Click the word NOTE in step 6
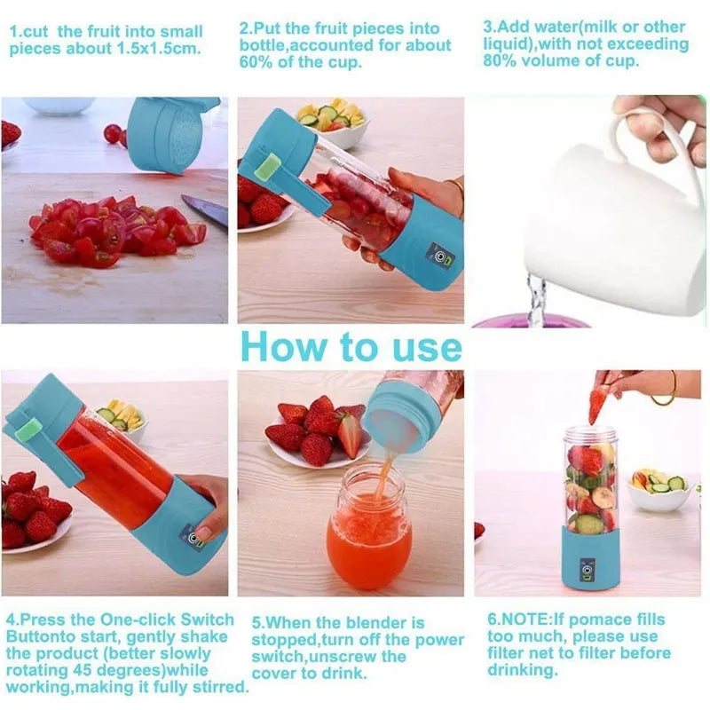click(530, 619)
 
